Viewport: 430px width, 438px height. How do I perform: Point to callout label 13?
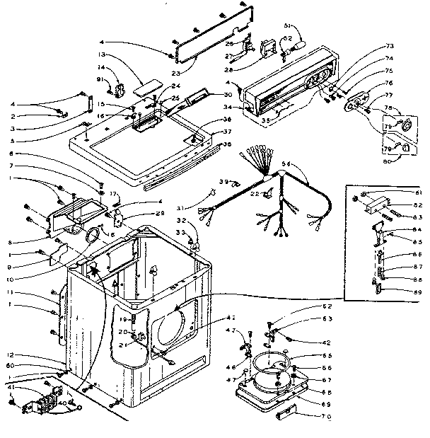pyautogui.click(x=102, y=54)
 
